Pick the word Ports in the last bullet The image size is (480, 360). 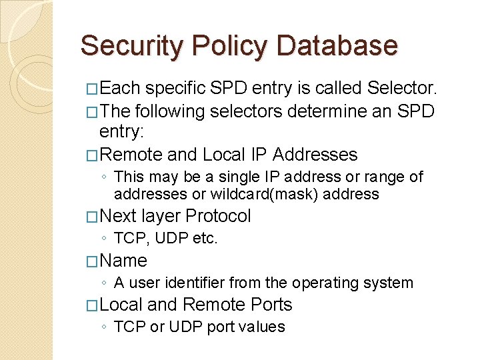[271, 305]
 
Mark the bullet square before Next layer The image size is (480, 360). [92, 217]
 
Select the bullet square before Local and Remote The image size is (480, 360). [92, 305]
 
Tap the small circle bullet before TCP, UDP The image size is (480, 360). [105, 239]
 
